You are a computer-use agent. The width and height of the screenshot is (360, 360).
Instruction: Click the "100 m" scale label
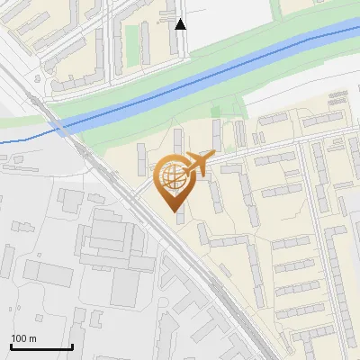24,338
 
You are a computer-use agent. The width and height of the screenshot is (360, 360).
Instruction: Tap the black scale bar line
41,346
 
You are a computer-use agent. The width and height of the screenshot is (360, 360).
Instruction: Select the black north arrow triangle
181,24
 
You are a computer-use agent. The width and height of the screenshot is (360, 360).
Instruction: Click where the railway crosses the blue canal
66,126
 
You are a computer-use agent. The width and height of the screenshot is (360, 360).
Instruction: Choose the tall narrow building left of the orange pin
142,159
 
